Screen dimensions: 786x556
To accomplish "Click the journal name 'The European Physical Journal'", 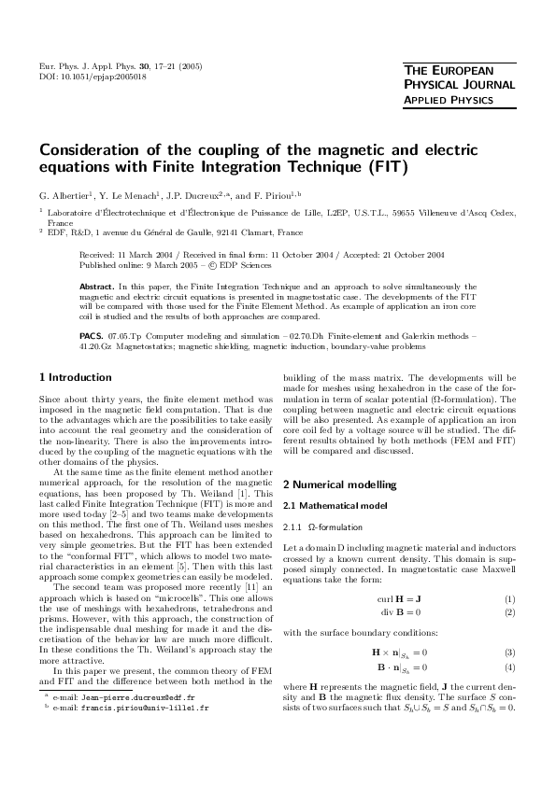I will [x=461, y=78].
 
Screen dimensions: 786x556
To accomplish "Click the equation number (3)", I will [x=510, y=625].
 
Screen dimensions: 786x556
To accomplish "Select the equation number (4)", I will [x=510, y=639].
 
